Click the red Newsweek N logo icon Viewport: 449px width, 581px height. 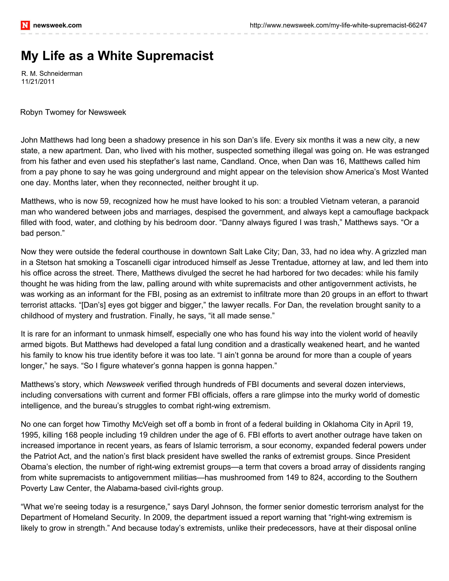tap(25, 25)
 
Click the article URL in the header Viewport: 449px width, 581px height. tap(338, 25)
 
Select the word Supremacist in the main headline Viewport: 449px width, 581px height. tap(175, 56)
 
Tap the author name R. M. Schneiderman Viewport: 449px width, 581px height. tap(52, 73)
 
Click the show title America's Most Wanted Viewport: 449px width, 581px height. tap(387, 172)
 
